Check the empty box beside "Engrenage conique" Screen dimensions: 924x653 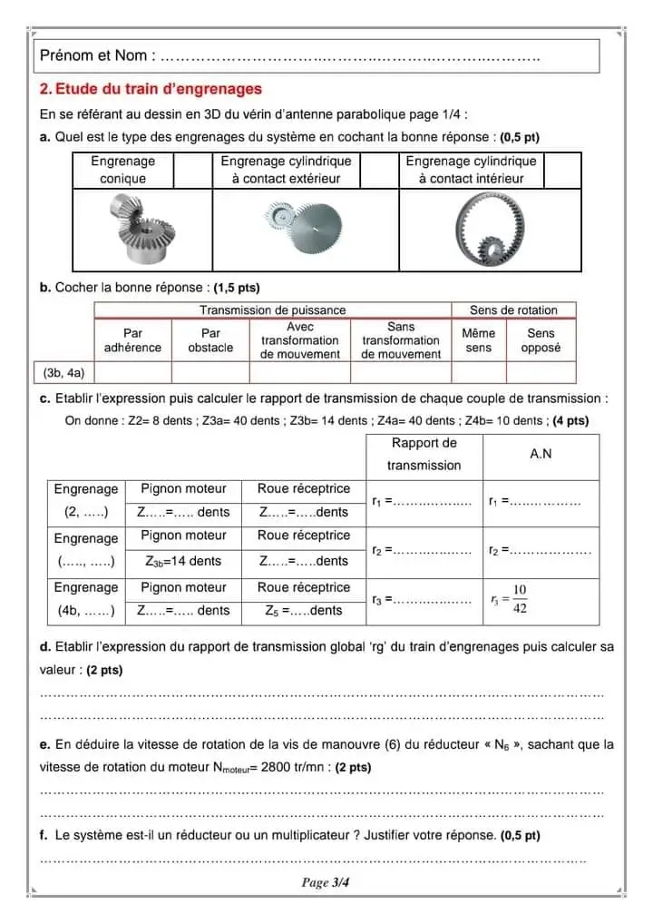pyautogui.click(x=192, y=170)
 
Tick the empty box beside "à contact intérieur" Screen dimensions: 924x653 pyautogui.click(x=562, y=170)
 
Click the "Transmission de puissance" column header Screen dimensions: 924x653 pyautogui.click(x=272, y=310)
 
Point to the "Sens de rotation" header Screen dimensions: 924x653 pyautogui.click(x=513, y=310)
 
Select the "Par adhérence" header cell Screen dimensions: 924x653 pyautogui.click(x=132, y=340)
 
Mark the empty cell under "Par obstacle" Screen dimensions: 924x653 pyautogui.click(x=210, y=372)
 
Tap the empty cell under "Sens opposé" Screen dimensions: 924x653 pyautogui.click(x=541, y=372)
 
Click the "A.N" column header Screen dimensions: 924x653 pyautogui.click(x=541, y=454)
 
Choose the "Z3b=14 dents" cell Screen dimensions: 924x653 pyautogui.click(x=183, y=561)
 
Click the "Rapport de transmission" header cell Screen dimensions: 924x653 pyautogui.click(x=424, y=454)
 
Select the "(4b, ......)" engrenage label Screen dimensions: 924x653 pyautogui.click(x=86, y=611)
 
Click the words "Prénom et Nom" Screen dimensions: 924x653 pyautogui.click(x=93, y=55)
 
